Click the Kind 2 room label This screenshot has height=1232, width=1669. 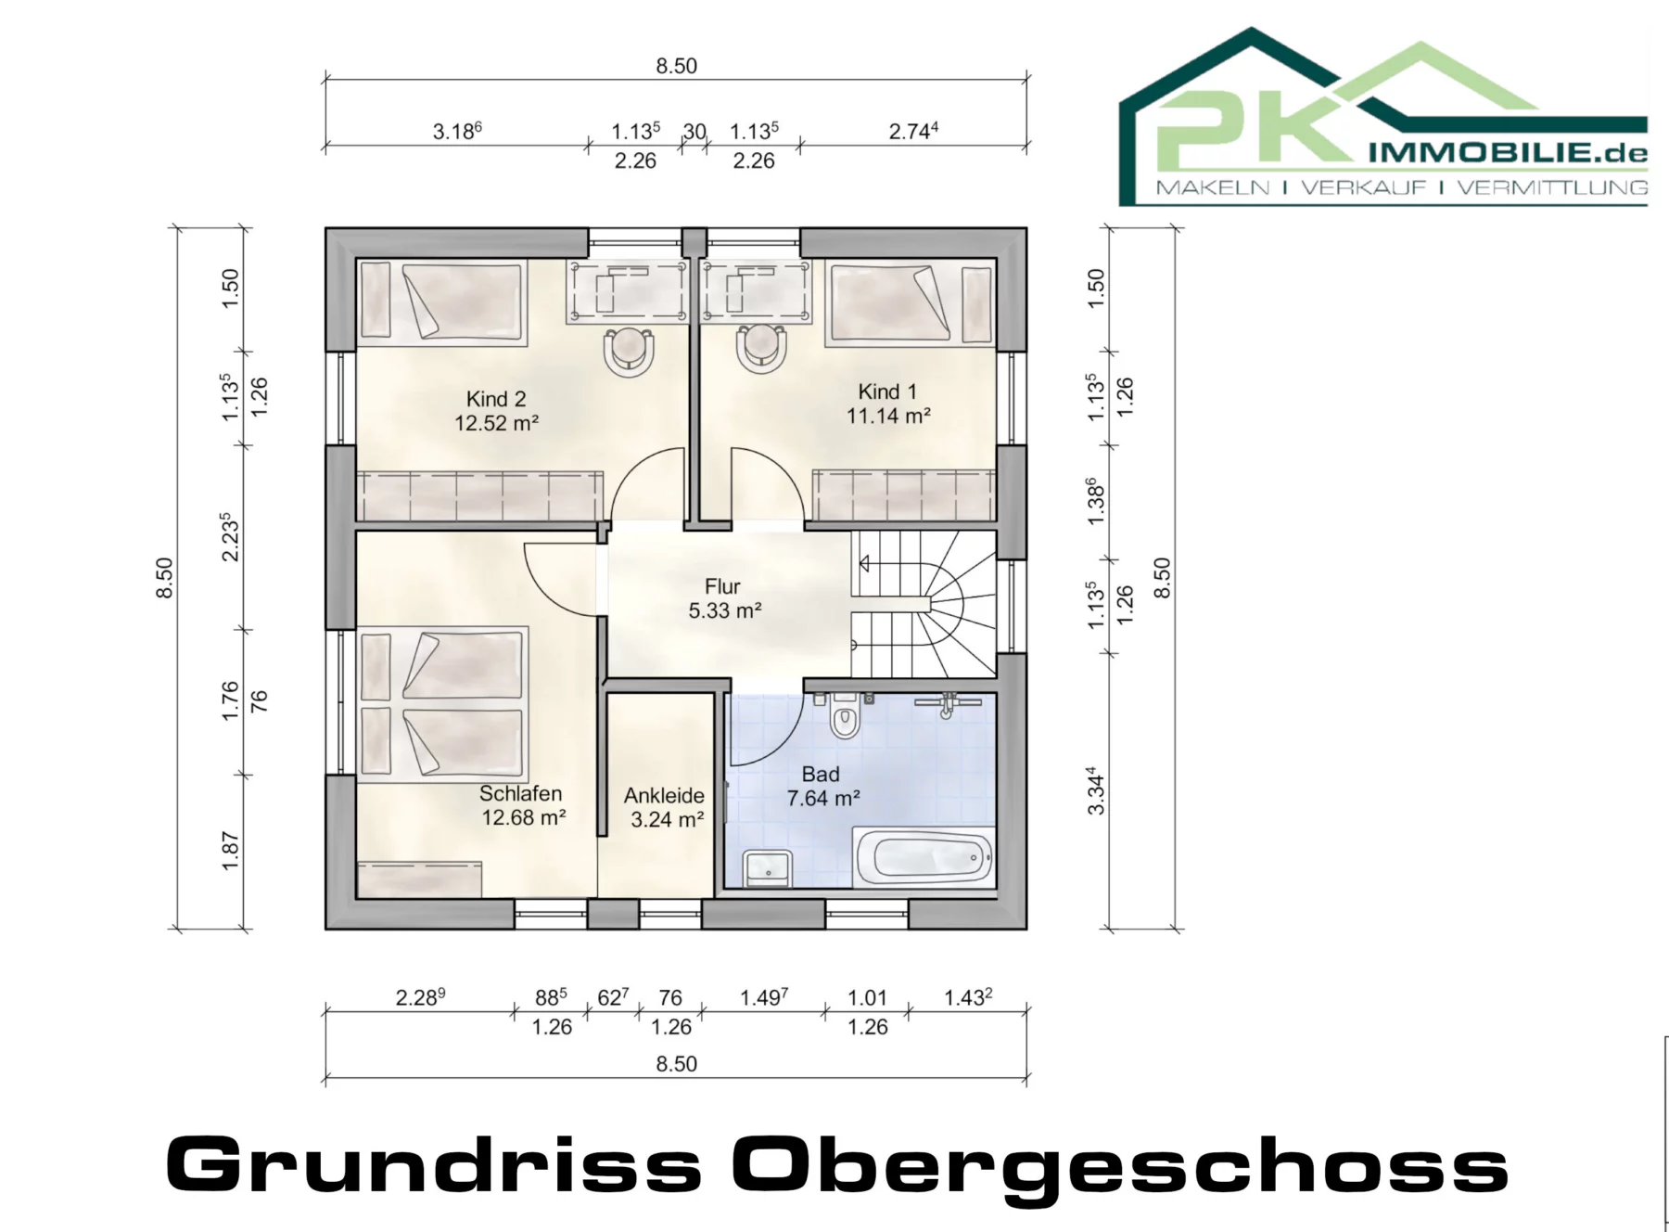point(496,399)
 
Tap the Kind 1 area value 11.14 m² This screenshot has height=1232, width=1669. point(888,416)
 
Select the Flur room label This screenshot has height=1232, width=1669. point(723,586)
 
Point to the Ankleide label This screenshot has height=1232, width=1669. point(664,795)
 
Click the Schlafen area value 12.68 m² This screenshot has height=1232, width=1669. point(524,817)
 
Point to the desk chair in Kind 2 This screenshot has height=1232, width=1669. point(629,351)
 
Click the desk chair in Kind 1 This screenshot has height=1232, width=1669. point(762,349)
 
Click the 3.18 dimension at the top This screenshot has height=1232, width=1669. point(457,131)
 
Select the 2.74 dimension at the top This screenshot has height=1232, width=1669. point(913,131)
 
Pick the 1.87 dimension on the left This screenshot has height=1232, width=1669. point(231,852)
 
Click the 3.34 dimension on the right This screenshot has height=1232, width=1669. point(1096,790)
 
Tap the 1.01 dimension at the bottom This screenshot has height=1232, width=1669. point(868,997)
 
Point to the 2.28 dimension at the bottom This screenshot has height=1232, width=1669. point(420,997)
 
